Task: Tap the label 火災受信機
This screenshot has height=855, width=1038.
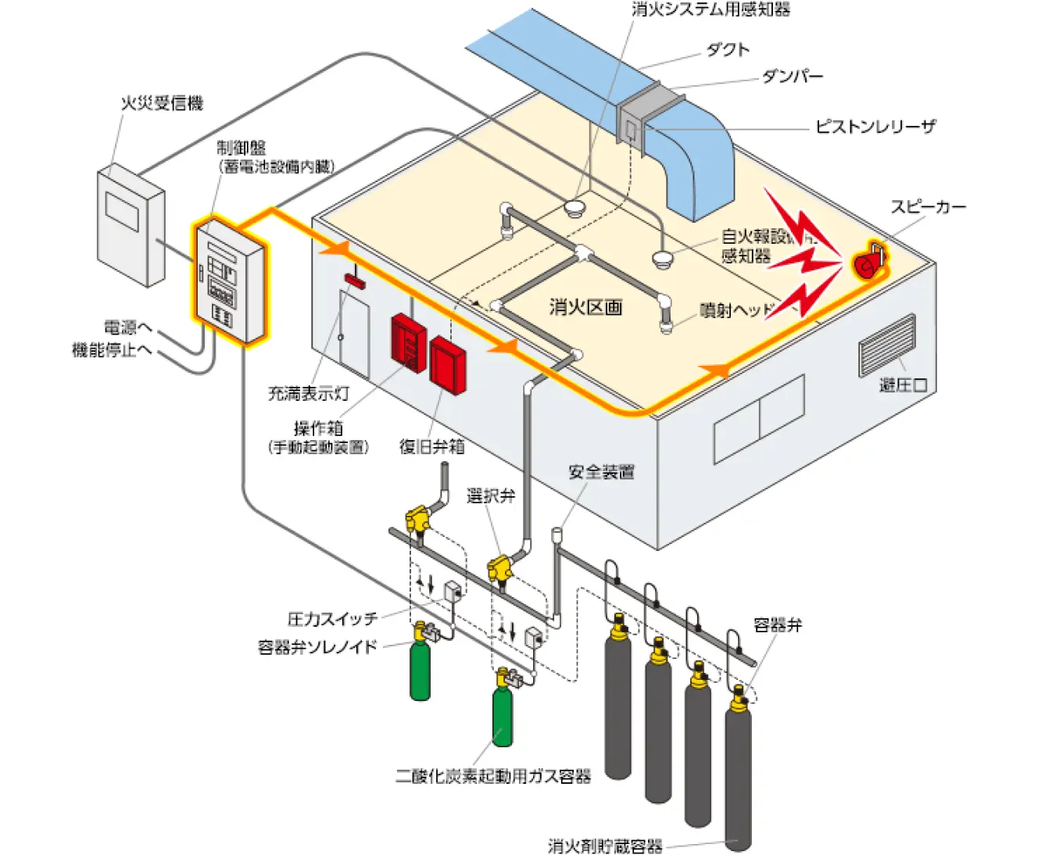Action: pos(161,103)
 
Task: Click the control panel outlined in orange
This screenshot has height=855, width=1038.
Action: pos(229,281)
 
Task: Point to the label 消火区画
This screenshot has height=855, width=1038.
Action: pos(585,307)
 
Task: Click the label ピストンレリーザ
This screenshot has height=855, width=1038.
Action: pos(875,127)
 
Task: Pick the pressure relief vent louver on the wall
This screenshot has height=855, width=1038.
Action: pos(886,345)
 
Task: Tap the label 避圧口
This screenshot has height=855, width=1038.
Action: pos(903,385)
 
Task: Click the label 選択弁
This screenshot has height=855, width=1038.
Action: pos(491,495)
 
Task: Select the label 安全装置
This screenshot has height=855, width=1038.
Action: pos(601,472)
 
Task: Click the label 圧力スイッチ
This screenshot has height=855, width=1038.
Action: pos(332,619)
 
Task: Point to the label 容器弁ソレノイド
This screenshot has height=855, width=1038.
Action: pos(317,647)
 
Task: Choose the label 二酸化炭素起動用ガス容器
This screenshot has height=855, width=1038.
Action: pos(493,776)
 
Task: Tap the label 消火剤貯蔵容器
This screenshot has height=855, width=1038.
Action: pos(605,846)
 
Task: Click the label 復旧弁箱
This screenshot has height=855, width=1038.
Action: pos(431,446)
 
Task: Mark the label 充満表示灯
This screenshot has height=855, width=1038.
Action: pos(308,394)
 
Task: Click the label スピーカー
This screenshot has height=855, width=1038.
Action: pos(928,207)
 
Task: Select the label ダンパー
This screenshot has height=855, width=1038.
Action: pos(792,77)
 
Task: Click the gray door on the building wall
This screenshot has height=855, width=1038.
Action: pos(354,328)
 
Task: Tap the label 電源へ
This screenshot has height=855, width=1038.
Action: pos(128,327)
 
